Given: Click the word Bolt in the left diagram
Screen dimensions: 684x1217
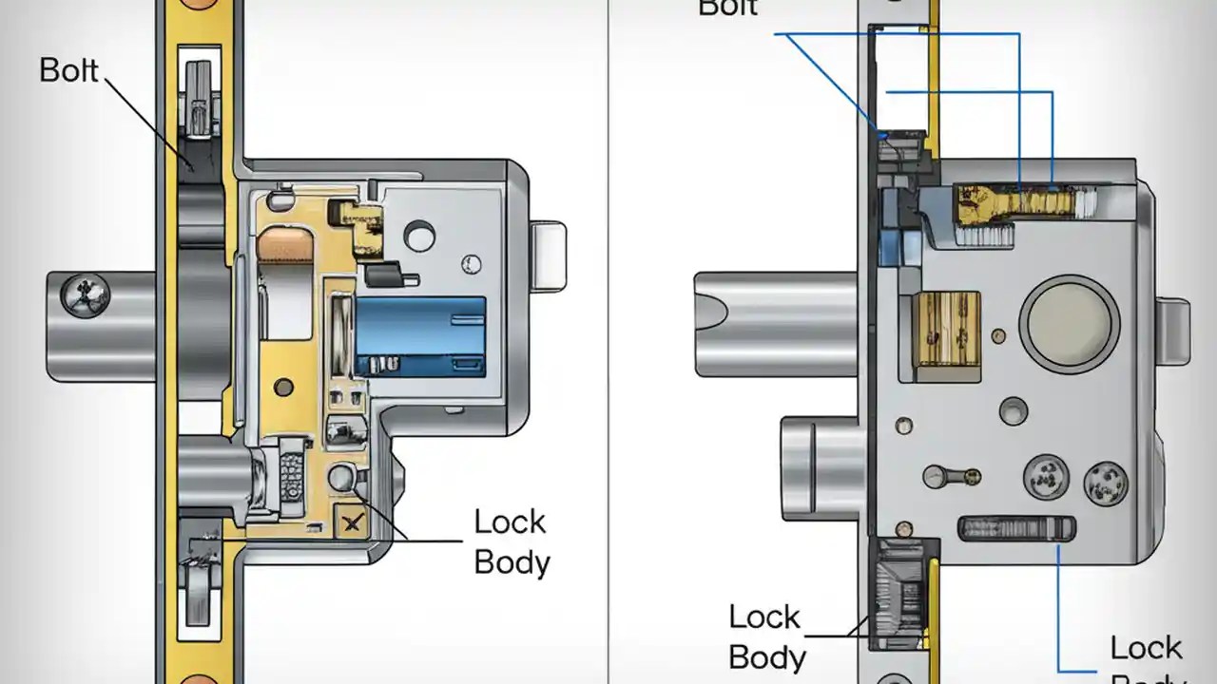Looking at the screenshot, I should tap(69, 70).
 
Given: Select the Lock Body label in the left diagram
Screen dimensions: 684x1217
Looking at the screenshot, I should tap(512, 542).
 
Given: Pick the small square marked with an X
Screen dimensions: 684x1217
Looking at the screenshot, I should tap(352, 522).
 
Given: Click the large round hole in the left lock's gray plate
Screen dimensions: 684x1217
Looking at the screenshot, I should tap(418, 233).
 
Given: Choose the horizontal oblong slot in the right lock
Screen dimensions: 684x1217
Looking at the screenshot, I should tap(1016, 528).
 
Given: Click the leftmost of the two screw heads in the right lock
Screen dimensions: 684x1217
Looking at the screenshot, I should tap(1045, 478).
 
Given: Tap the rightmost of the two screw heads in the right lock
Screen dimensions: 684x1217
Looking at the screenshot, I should tap(1105, 483).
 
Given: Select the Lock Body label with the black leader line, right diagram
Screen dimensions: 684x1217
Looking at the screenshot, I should tap(766, 637).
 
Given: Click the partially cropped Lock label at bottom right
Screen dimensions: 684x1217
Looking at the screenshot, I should tap(1147, 649).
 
